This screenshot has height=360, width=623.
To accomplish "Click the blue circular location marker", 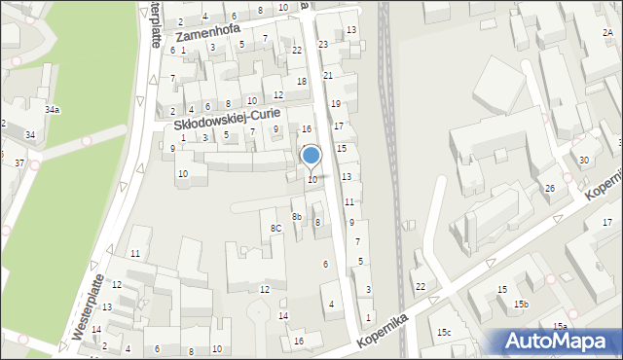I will tap(311, 155).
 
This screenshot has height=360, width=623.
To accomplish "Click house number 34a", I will tap(52, 110).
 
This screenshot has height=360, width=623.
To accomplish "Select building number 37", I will tap(19, 162).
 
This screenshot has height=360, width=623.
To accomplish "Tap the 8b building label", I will tap(297, 216).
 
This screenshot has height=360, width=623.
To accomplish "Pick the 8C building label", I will tap(275, 228).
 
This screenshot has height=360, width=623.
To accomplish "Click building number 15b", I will tap(522, 305).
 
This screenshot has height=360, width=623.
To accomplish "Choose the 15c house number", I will tap(444, 333).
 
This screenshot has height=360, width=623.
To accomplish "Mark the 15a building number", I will tap(560, 326).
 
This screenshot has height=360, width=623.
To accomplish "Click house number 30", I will tap(584, 160).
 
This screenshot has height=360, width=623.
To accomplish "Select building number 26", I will tap(550, 188).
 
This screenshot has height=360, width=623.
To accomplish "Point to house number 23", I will tap(323, 45).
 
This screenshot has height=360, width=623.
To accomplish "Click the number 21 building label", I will tap(328, 75).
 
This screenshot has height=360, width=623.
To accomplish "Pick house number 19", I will tap(336, 103).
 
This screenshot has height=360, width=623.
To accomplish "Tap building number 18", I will tap(302, 81).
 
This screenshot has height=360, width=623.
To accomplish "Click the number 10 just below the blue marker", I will tap(312, 179).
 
